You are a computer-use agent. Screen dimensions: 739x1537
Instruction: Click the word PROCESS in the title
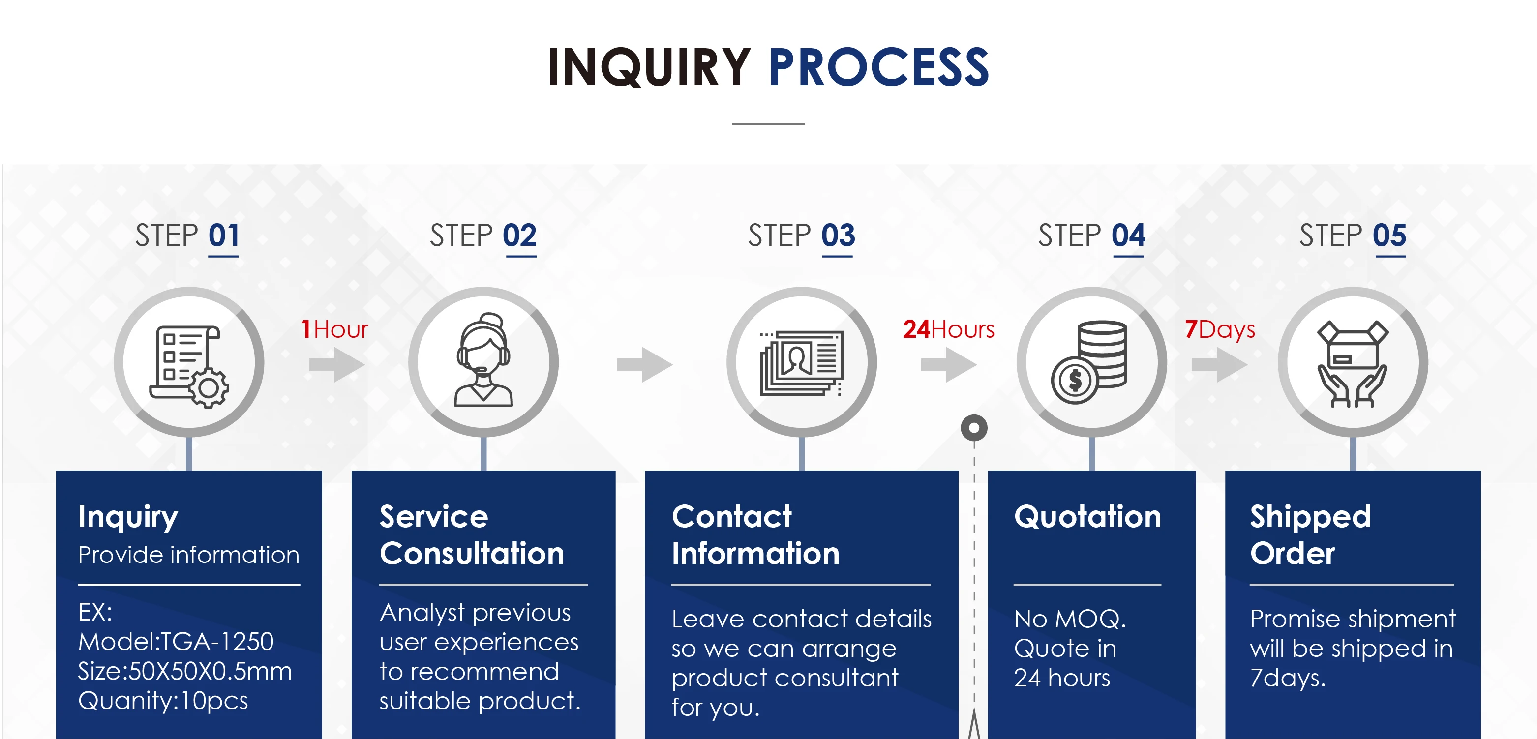click(x=878, y=67)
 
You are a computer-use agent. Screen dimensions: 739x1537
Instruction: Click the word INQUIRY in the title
click(x=649, y=67)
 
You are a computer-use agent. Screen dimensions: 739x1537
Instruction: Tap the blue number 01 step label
click(x=224, y=236)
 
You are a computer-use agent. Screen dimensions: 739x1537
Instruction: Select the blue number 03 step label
click(x=838, y=236)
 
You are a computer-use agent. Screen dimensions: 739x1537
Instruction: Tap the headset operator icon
click(x=483, y=361)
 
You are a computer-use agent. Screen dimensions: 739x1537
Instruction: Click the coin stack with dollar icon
click(x=1091, y=362)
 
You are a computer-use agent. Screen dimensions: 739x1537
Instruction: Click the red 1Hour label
click(x=335, y=329)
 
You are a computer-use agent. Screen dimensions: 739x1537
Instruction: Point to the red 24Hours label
click(x=948, y=329)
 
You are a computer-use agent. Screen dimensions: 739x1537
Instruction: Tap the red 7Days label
click(x=1220, y=329)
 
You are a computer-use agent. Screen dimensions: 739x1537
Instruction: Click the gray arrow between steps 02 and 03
click(x=644, y=364)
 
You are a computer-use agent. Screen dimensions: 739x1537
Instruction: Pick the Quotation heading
click(x=1087, y=517)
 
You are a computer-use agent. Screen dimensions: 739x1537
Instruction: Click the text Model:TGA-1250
click(x=176, y=642)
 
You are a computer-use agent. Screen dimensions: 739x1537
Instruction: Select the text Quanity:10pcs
click(x=163, y=700)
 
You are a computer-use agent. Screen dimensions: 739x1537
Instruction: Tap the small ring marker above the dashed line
click(x=974, y=428)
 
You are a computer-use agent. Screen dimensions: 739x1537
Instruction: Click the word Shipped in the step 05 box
click(x=1310, y=517)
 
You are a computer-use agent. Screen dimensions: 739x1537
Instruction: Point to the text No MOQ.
click(x=1069, y=619)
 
